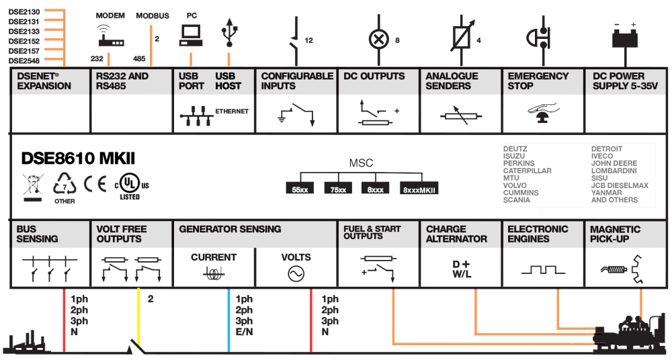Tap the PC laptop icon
tap(190, 36)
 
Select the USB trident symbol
tap(229, 32)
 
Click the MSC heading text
tap(361, 164)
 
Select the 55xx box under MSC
tap(300, 189)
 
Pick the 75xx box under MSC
tap(338, 189)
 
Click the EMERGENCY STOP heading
tap(538, 81)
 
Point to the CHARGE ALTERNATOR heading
tap(456, 234)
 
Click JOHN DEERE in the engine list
tap(614, 163)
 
